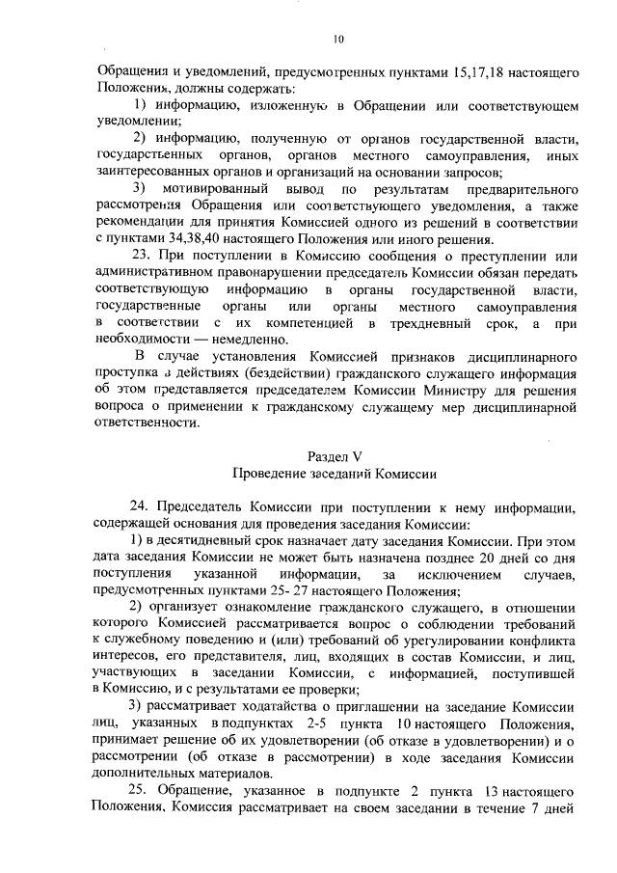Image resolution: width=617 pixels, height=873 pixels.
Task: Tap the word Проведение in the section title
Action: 273,474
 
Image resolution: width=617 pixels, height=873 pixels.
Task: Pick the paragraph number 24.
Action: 138,507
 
